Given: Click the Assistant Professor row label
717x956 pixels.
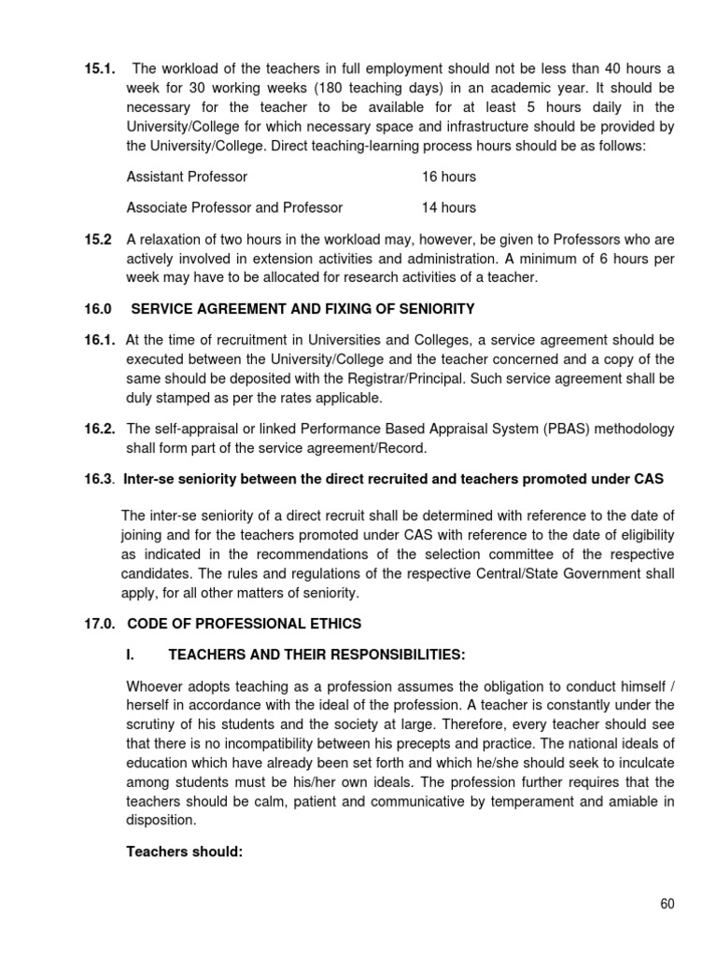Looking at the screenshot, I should [x=187, y=176].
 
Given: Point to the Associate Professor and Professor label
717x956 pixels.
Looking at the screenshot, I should [x=234, y=207].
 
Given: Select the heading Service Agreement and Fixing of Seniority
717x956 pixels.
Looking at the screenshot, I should [x=302, y=308].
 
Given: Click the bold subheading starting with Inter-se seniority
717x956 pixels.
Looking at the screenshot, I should [x=393, y=480].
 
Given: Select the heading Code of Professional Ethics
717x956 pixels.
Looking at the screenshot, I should [x=244, y=622].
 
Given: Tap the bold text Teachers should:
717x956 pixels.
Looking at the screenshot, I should [x=184, y=851].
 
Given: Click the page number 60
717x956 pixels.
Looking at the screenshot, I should [x=666, y=904].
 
